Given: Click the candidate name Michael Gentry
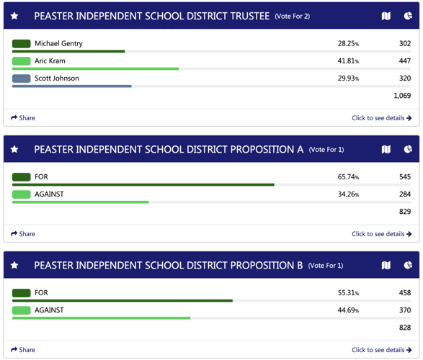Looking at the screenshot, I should tap(58, 44).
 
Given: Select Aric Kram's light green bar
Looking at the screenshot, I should tap(95, 69).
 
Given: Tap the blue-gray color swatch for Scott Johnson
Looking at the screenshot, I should tap(21, 78).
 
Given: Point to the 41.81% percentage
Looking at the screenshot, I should tap(348, 61).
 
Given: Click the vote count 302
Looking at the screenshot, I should tap(405, 44).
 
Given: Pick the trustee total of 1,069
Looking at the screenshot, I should tap(402, 96).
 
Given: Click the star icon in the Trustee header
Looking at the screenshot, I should tap(14, 16).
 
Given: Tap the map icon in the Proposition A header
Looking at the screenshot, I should tap(386, 150).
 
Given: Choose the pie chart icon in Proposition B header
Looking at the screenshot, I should tap(408, 266).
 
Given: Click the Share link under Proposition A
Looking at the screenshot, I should tap(23, 234).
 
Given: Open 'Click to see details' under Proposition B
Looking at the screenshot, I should tap(381, 350).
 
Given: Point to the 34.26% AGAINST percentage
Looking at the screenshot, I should tap(348, 194).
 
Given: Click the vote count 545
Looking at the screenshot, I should tap(405, 177).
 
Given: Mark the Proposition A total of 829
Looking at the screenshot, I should tap(405, 212).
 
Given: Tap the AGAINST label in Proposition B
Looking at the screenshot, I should tap(49, 310).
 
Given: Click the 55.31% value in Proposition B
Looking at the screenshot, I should tap(348, 293).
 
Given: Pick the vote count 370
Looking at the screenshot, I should tap(405, 310).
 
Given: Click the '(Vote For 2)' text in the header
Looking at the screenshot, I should tap(292, 17).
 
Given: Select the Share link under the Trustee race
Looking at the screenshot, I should tap(23, 118).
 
